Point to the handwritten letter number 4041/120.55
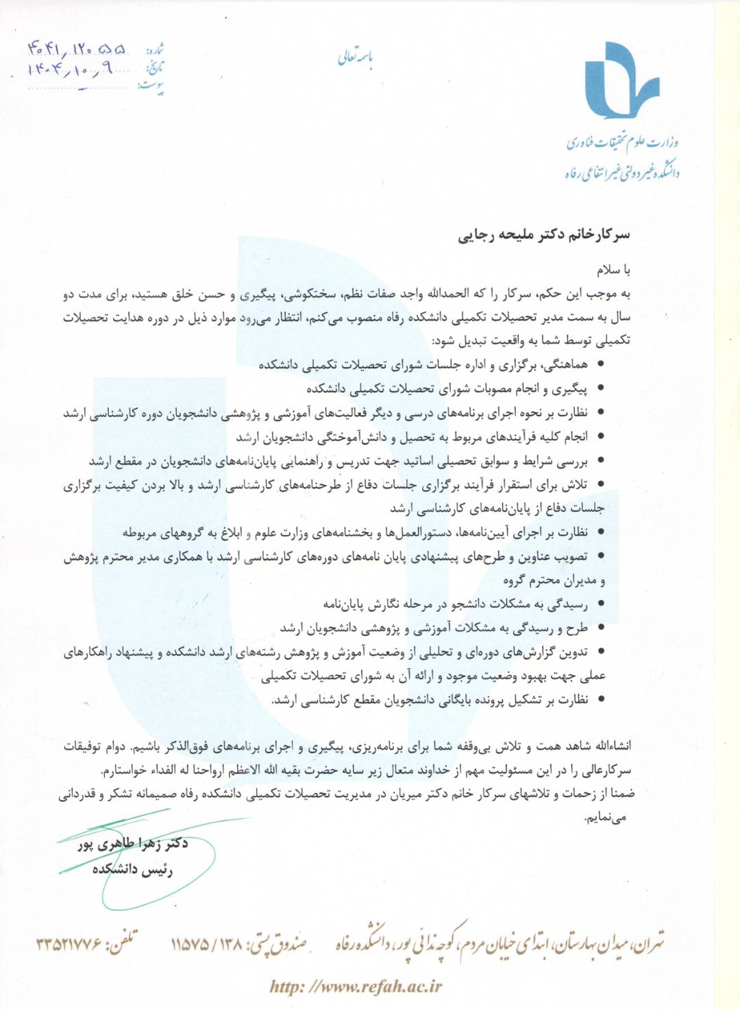point(77,49)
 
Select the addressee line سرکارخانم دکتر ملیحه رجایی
point(543,235)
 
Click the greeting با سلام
point(613,270)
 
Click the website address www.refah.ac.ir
point(356,986)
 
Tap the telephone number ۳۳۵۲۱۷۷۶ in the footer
point(69,945)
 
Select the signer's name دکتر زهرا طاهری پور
point(132,844)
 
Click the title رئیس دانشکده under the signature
point(132,869)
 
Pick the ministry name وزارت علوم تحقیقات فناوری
point(622,143)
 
